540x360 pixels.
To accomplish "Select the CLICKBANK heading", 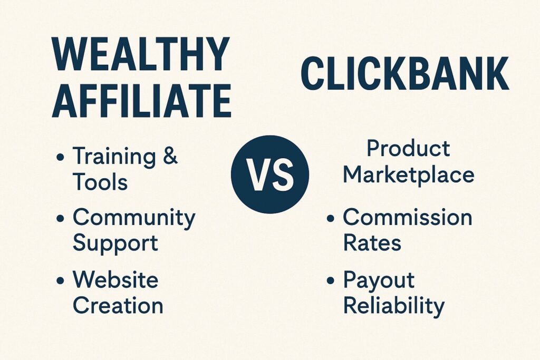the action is pyautogui.click(x=404, y=74).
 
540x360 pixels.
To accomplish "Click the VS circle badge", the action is pyautogui.click(x=270, y=174).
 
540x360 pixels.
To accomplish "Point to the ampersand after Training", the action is pyautogui.click(x=169, y=155).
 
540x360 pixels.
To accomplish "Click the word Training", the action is pyautogui.click(x=114, y=157).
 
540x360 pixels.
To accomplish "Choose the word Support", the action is pyautogui.click(x=115, y=244).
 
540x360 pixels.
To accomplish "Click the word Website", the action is pyautogui.click(x=115, y=279).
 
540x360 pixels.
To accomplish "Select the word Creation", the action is pyautogui.click(x=118, y=305).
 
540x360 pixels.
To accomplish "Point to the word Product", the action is pyautogui.click(x=408, y=148).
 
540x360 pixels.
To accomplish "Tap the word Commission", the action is pyautogui.click(x=408, y=217).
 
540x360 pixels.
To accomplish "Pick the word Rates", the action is pyautogui.click(x=372, y=242).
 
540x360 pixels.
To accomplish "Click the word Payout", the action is pyautogui.click(x=379, y=280).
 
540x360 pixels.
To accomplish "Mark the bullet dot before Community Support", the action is pyautogui.click(x=60, y=218).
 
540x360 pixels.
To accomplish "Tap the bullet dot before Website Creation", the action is pyautogui.click(x=60, y=280).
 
